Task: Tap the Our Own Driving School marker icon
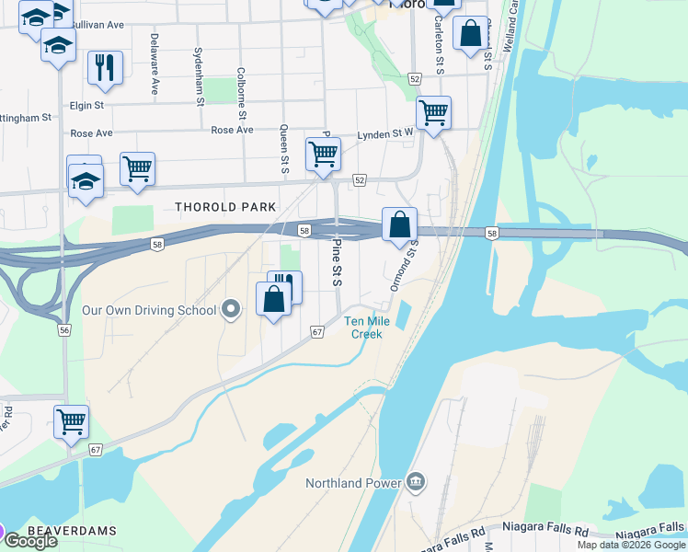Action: click(233, 311)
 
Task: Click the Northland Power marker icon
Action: click(416, 482)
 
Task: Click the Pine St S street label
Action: click(337, 263)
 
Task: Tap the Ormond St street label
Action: click(405, 266)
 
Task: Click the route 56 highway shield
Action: click(64, 329)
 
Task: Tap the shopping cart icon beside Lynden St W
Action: click(433, 112)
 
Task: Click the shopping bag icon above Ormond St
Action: click(399, 224)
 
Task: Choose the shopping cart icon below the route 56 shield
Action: click(71, 421)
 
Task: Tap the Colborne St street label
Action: click(241, 93)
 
